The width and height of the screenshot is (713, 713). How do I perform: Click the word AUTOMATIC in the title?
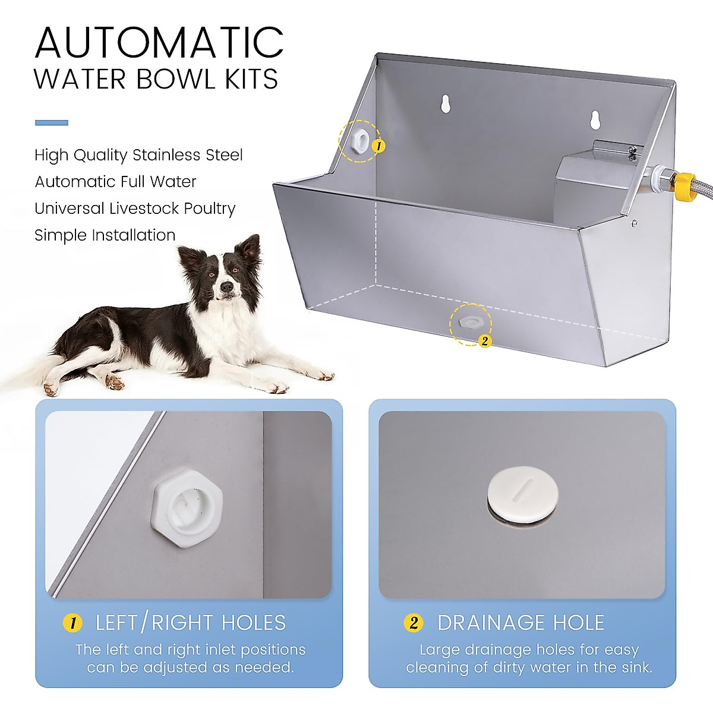tap(159, 42)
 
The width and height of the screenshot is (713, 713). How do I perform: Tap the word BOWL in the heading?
tap(175, 80)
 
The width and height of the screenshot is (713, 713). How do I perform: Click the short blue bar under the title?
tap(52, 123)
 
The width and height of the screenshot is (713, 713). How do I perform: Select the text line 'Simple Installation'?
tap(105, 235)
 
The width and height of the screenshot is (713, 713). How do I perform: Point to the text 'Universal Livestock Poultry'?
tap(135, 209)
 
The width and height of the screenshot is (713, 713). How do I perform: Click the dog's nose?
tap(226, 287)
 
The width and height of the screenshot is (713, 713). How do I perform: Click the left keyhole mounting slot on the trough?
tap(444, 103)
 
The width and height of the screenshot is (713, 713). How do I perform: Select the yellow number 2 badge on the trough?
tap(484, 341)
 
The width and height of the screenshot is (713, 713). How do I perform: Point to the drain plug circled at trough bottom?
tap(469, 321)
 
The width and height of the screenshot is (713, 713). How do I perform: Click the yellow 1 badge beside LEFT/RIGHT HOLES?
tap(72, 623)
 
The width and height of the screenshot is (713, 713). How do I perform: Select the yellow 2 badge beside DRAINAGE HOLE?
tap(414, 623)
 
